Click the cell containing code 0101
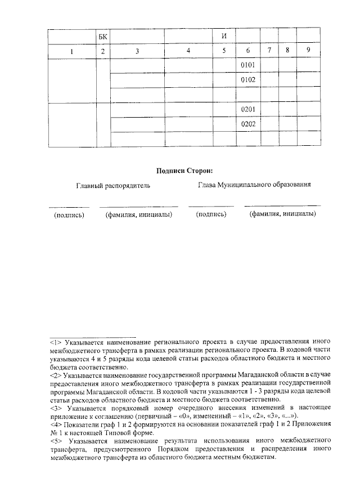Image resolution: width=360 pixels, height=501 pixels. pos(248,66)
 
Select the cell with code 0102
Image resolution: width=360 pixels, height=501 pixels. pos(248,80)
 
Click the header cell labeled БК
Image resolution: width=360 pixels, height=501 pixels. pos(102,37)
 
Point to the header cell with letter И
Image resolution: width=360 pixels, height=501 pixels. pos(224,37)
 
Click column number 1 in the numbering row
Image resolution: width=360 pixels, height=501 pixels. pos(71,51)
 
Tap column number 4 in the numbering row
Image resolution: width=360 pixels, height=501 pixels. pos(188,51)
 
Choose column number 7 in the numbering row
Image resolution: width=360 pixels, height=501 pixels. pos(270,51)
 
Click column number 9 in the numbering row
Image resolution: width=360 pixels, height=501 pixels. pos(308,51)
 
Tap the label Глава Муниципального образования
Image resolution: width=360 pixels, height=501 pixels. pos(254,185)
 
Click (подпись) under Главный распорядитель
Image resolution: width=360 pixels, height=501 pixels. pos(69,214)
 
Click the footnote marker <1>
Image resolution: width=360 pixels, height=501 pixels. pos(55,342)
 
